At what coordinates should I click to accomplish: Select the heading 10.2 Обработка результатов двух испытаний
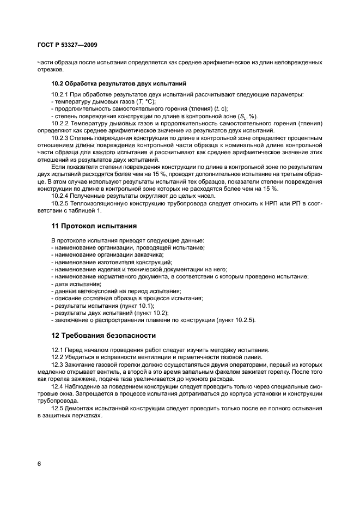click(x=119, y=84)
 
